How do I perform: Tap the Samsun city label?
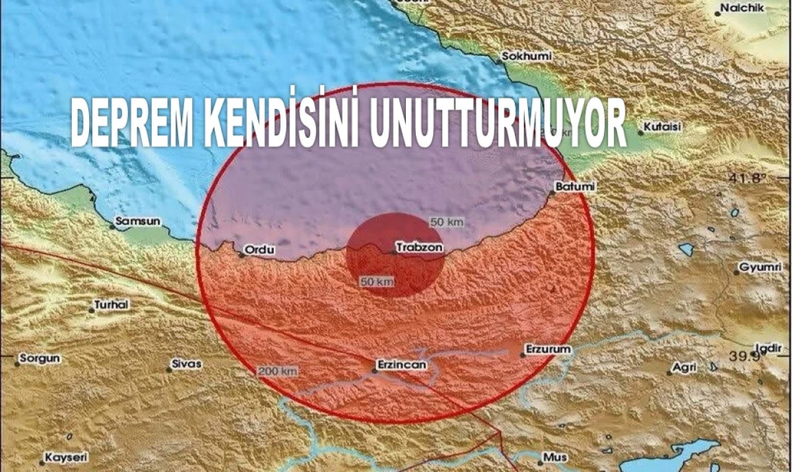pos(137,222)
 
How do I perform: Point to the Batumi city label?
pos(575,187)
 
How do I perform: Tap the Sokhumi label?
pos(526,56)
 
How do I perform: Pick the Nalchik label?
pos(742,8)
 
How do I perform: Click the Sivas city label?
pos(187,364)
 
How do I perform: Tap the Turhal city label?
pos(112,304)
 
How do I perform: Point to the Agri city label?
pos(684,367)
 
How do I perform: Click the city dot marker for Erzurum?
pos(522,354)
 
